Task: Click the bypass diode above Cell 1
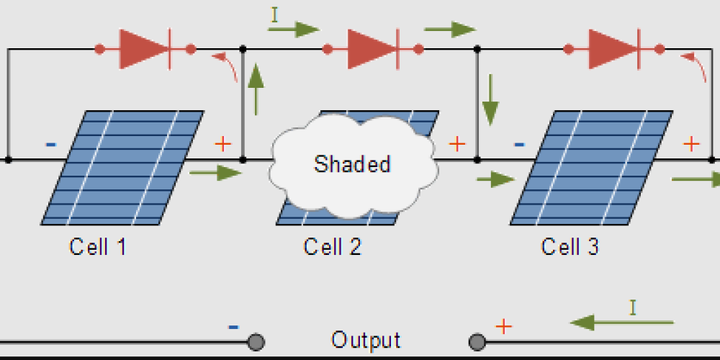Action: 145,49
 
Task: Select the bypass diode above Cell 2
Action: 373,49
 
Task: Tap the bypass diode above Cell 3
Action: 614,49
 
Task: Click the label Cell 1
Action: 97,247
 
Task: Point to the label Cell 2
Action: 333,247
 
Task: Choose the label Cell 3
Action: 570,247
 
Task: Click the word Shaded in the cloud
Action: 352,164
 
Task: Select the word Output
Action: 366,341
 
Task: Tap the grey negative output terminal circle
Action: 256,343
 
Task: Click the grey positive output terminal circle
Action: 477,343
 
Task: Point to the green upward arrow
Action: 256,89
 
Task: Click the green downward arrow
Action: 490,99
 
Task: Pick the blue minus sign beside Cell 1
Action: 50,145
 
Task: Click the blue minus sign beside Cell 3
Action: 519,145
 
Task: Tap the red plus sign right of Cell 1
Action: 223,145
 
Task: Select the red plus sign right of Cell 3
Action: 691,145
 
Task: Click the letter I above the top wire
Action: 274,14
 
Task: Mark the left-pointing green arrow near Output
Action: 622,323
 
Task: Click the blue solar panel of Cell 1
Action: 122,168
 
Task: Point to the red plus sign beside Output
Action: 503,326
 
